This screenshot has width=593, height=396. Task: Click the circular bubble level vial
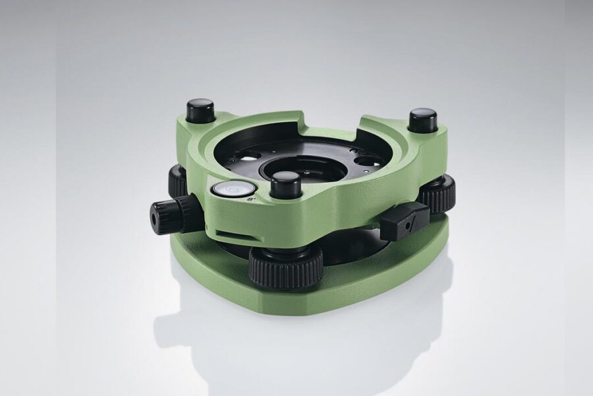224,190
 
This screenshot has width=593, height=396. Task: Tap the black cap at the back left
200,111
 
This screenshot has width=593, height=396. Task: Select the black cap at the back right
422,121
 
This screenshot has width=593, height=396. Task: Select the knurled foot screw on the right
438,192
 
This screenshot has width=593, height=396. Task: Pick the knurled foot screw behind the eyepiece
178,181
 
